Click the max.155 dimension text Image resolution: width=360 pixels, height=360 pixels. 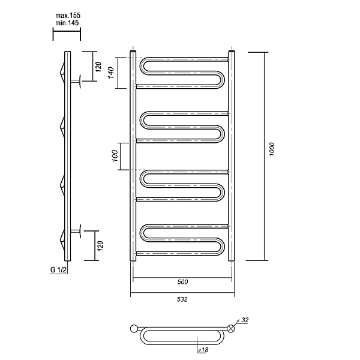[68, 16]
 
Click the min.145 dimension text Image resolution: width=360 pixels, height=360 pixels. [67, 23]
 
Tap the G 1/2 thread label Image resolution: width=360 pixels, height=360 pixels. [58, 270]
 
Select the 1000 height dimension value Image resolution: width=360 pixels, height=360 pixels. [272, 149]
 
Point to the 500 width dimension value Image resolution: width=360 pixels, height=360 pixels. [182, 282]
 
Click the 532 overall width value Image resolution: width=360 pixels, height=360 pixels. [182, 299]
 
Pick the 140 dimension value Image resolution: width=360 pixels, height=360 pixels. [111, 73]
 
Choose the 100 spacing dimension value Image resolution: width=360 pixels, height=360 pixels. [115, 156]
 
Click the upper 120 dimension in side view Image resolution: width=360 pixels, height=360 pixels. [98, 67]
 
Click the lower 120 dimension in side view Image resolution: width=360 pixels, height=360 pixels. [100, 246]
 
